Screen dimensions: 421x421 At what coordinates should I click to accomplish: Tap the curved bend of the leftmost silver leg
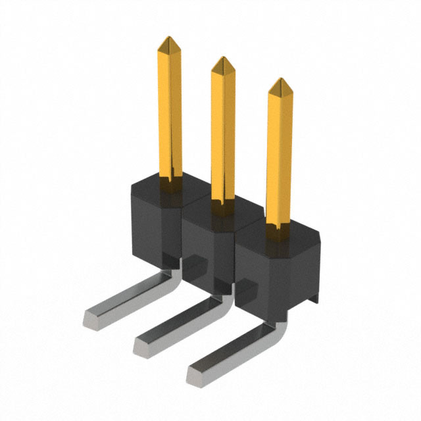[170, 273]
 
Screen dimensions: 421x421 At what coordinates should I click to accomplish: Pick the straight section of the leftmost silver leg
[128, 299]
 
